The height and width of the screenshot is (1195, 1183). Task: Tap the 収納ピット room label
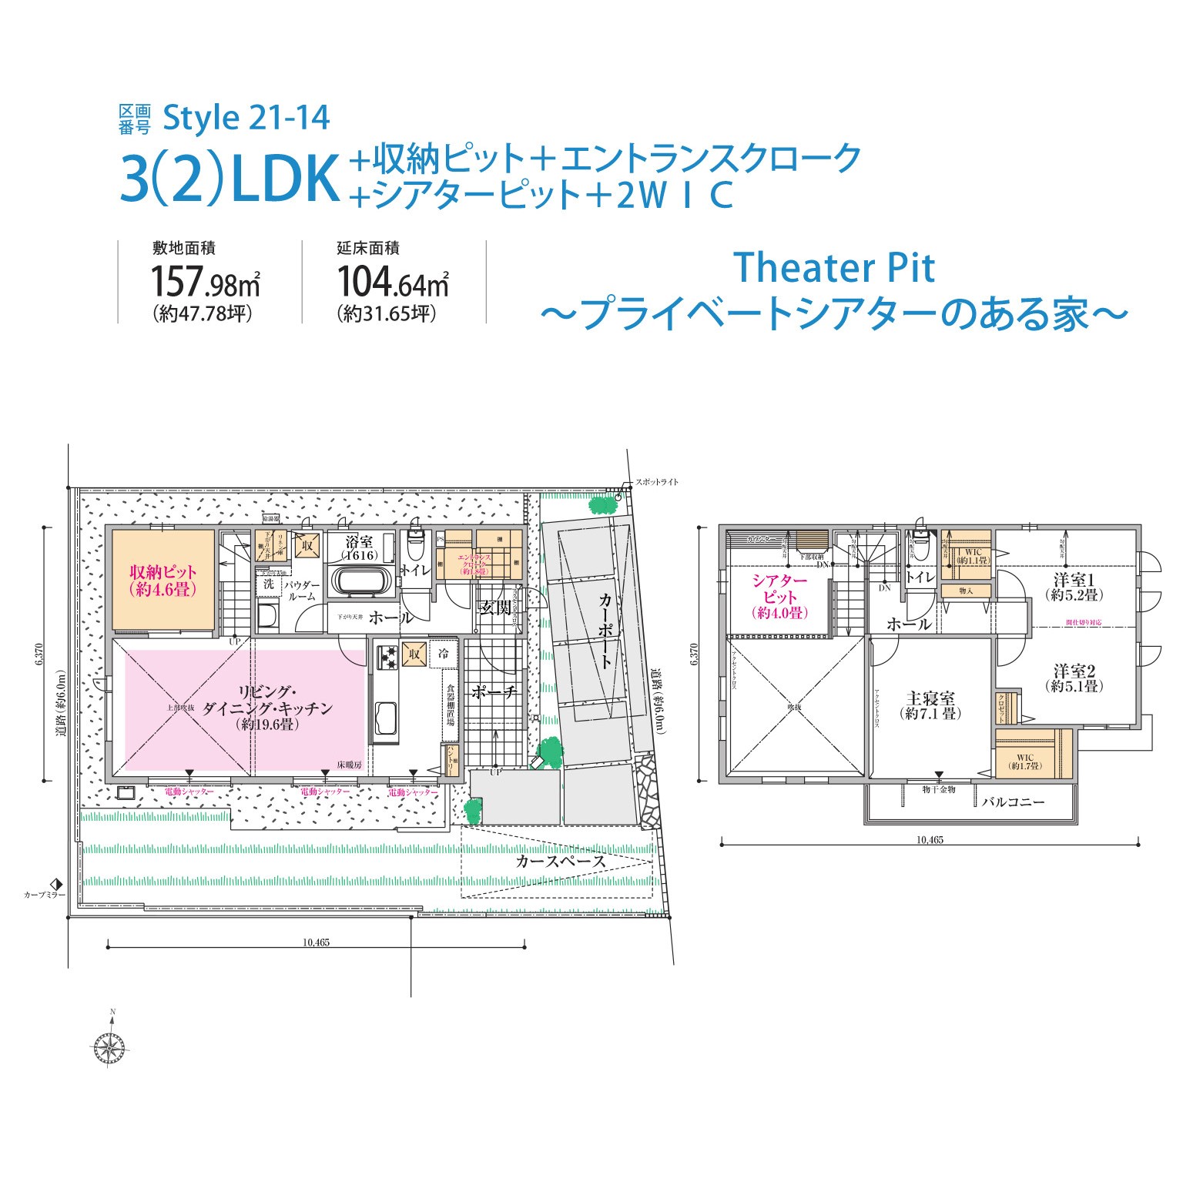163,580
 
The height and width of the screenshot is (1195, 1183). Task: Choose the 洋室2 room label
1074,678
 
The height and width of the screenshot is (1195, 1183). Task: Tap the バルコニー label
1013,802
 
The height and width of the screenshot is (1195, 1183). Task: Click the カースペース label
561,861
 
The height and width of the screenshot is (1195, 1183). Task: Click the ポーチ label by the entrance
494,692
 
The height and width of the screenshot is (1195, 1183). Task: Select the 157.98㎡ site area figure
205,282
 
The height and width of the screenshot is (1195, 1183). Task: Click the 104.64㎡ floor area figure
393,282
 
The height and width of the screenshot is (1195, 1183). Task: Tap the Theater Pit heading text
834,268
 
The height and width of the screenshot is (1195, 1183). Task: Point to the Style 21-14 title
246,118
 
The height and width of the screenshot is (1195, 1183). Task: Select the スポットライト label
656,482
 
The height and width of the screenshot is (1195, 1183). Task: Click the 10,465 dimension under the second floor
930,840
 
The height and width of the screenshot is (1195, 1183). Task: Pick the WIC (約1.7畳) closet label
1025,762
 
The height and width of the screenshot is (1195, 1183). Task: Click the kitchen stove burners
387,657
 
